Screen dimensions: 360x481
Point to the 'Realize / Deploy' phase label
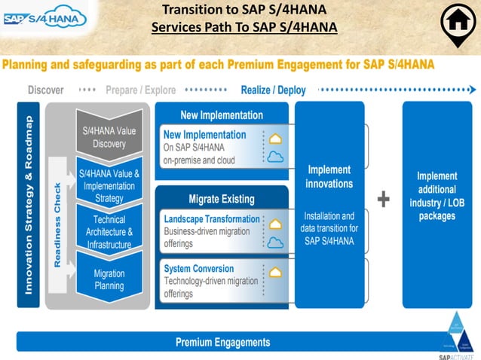coord(273,90)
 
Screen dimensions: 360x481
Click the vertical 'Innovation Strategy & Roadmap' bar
coord(29,204)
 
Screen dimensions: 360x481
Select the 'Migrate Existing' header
coord(222,199)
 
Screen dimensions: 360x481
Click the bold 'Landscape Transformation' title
coord(212,219)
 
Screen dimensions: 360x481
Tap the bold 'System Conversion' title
coord(200,268)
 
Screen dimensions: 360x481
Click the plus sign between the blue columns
coord(384,199)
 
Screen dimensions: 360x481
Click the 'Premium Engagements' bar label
coord(222,342)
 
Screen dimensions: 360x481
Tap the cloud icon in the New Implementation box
coord(276,157)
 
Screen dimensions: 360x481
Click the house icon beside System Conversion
coord(276,272)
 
